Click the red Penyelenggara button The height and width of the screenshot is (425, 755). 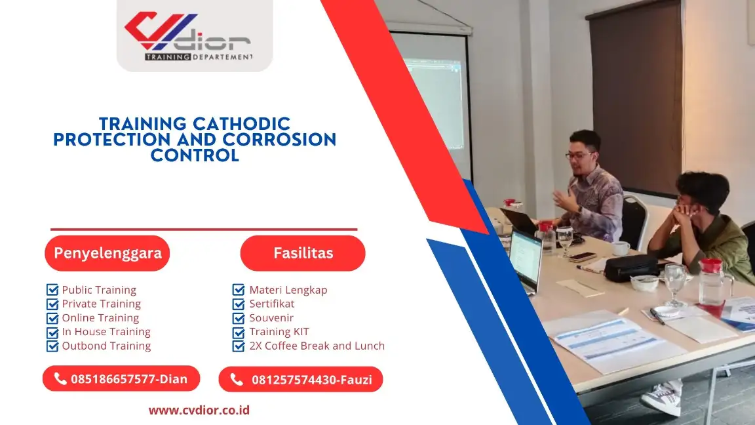pos(107,253)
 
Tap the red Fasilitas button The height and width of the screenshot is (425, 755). pos(303,253)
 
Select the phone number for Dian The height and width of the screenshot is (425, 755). pos(129,379)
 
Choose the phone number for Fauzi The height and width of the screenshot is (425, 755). pos(312,380)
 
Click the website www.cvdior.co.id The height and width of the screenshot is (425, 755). pos(199,410)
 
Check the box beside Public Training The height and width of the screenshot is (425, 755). pos(52,290)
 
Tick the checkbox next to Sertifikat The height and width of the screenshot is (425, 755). pos(239,304)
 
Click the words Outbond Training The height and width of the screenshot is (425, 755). pos(106,346)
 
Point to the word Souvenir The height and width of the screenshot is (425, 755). pos(271,318)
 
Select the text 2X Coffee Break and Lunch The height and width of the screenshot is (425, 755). pos(317,346)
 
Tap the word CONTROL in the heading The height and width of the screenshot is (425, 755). pos(195,155)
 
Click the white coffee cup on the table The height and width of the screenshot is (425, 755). pos(621,248)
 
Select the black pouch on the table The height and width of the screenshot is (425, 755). pos(630,268)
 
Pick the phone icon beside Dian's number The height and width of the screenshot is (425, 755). pos(60,378)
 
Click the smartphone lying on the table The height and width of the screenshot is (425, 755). pos(583,257)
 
